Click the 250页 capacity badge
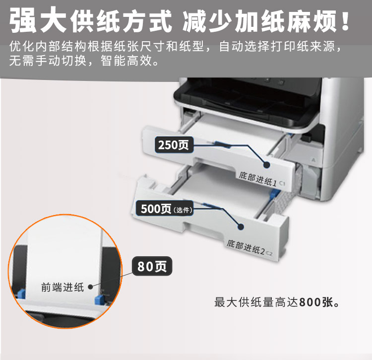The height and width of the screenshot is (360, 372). [174, 144]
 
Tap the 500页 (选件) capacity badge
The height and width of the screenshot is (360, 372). [164, 209]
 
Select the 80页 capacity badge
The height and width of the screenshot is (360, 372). [152, 266]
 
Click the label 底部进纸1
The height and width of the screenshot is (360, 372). [257, 179]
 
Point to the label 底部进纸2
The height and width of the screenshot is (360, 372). [246, 247]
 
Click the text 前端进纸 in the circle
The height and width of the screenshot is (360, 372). [62, 287]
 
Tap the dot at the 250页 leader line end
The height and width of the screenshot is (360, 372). [267, 164]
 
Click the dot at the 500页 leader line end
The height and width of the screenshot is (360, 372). [241, 227]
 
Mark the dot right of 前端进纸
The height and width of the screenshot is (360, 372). [90, 287]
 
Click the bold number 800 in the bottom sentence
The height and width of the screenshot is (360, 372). [310, 302]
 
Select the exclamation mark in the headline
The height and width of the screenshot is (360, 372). [345, 20]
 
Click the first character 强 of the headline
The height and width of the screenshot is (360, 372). [23, 20]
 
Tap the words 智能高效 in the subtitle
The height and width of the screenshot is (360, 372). [126, 61]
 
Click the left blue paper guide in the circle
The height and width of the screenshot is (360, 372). [21, 293]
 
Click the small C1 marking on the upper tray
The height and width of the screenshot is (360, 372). [282, 183]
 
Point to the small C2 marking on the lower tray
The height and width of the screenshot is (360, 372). [269, 253]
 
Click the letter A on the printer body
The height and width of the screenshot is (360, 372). [313, 160]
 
